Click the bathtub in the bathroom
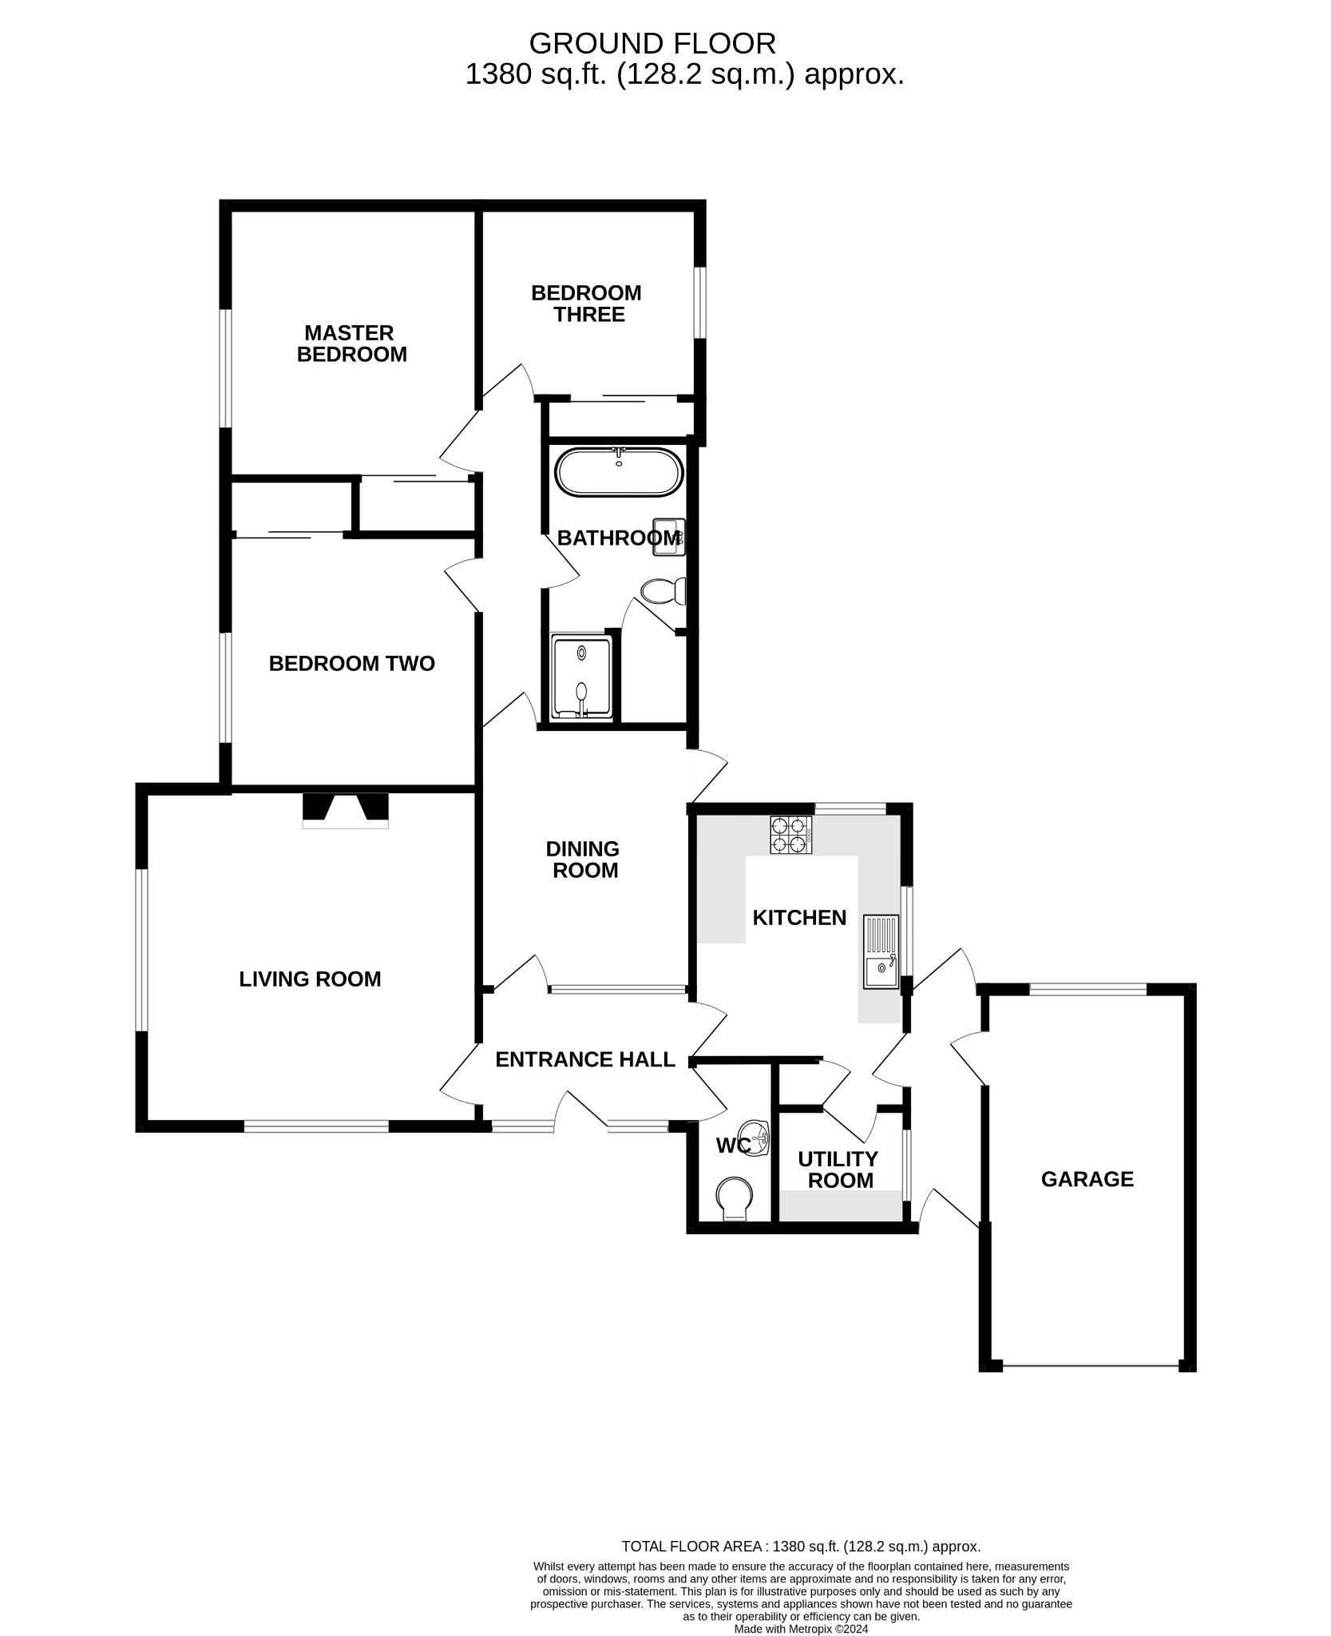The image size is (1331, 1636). pos(619,472)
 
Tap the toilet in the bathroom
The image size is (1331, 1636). pos(664,591)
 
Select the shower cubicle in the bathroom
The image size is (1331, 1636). pos(582,677)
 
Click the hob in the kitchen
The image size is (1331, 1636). pos(790,835)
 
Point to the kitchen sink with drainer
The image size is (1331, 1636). pos(881,953)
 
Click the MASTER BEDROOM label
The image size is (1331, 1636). pos(351,343)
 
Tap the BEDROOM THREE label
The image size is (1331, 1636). pos(586,304)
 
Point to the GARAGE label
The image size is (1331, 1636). pos(1087,1179)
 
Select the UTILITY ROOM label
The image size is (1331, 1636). pos(838,1169)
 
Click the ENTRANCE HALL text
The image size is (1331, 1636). pos(585,1059)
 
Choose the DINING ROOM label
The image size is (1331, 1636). pos(584,860)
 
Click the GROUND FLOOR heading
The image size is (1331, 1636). pos(652,42)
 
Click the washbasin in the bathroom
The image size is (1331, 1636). pos(667,537)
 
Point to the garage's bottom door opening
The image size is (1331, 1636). pos(1090,1365)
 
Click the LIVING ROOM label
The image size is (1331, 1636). pos(310,979)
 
